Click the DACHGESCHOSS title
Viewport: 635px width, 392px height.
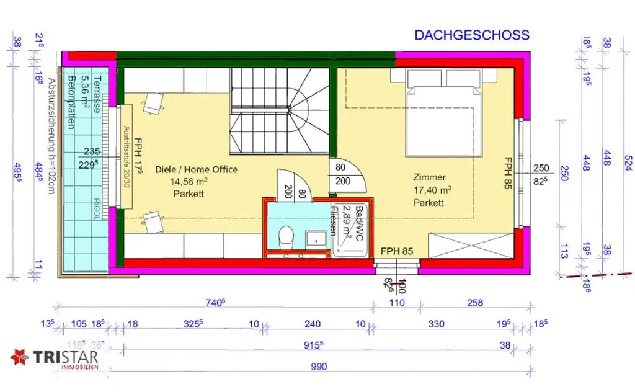pyautogui.click(x=472, y=35)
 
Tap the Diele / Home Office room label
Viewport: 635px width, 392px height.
pyautogui.click(x=196, y=169)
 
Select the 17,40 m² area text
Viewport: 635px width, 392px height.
pyautogui.click(x=432, y=190)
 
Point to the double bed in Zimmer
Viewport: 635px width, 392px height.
pyautogui.click(x=444, y=112)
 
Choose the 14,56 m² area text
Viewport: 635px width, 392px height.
pyautogui.click(x=189, y=182)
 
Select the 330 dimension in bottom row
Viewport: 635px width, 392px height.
pyautogui.click(x=437, y=324)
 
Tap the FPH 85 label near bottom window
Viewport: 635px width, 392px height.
pyautogui.click(x=396, y=251)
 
